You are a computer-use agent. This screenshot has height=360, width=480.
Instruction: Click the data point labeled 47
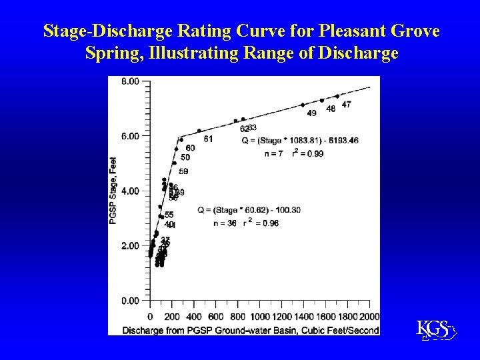click(337, 97)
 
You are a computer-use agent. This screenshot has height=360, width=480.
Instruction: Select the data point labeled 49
click(303, 105)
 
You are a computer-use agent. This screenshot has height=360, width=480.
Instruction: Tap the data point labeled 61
click(199, 131)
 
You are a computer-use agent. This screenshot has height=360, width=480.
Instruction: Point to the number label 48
click(331, 109)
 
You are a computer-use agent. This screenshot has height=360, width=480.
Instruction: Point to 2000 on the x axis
click(369, 316)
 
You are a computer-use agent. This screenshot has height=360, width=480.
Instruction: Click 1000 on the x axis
click(259, 316)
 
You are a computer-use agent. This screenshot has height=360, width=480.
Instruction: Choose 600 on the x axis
click(216, 316)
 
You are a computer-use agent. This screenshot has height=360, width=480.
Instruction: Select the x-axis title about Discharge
click(251, 329)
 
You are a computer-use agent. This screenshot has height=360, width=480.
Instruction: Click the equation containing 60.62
click(249, 210)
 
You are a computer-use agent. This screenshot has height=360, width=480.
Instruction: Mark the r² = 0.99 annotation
click(307, 153)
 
